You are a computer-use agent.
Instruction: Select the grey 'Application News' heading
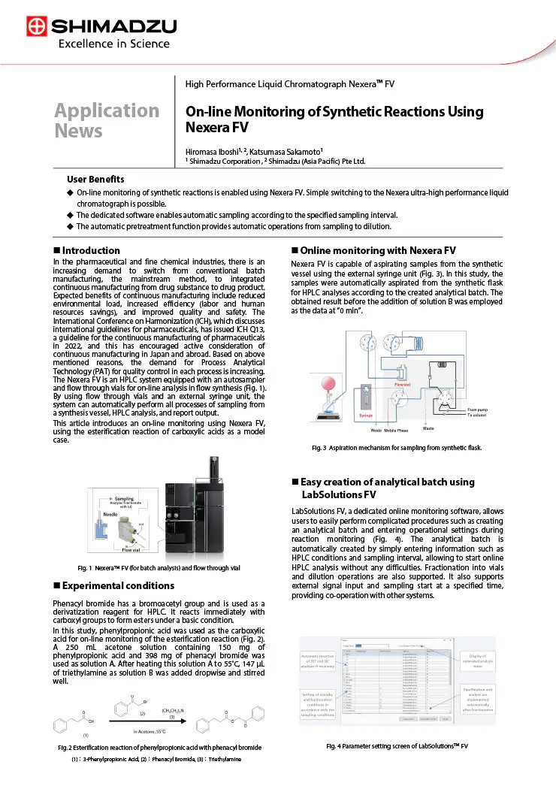[106, 120]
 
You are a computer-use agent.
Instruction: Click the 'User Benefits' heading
[95, 180]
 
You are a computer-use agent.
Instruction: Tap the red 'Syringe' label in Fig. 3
[365, 415]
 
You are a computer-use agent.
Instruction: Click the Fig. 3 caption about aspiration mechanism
[396, 448]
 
